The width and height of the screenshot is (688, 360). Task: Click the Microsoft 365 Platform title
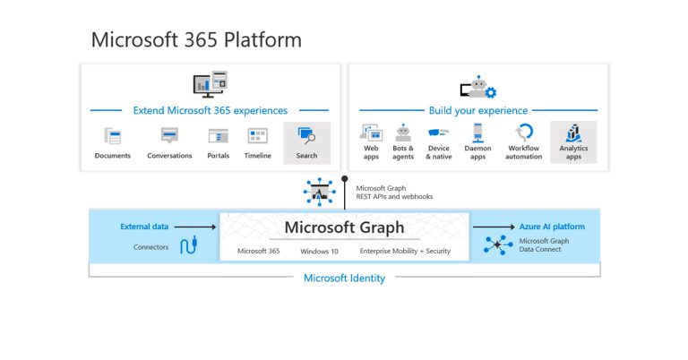click(x=196, y=40)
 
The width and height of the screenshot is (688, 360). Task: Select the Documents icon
click(x=113, y=136)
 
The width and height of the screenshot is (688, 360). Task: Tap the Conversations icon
click(x=169, y=136)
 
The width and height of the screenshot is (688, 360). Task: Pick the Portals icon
click(x=218, y=136)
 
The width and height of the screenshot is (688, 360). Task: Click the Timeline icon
click(x=258, y=136)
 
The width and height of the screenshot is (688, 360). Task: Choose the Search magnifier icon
click(x=306, y=136)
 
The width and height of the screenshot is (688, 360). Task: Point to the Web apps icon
click(x=371, y=133)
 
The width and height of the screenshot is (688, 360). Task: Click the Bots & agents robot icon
click(x=403, y=132)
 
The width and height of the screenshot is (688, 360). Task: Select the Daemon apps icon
click(x=477, y=132)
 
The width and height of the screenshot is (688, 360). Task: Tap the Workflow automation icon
click(x=524, y=132)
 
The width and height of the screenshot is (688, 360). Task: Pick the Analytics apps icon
click(x=573, y=132)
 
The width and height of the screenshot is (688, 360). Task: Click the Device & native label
click(x=439, y=152)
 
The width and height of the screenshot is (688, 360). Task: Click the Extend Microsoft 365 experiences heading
click(x=211, y=111)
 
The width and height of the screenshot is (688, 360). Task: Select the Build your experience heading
click(x=477, y=111)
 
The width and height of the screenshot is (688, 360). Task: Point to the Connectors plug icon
click(x=188, y=245)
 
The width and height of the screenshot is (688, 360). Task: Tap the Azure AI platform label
click(x=552, y=227)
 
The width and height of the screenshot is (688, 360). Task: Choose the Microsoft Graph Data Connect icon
click(x=495, y=246)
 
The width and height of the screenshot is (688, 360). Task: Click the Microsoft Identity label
click(x=344, y=278)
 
